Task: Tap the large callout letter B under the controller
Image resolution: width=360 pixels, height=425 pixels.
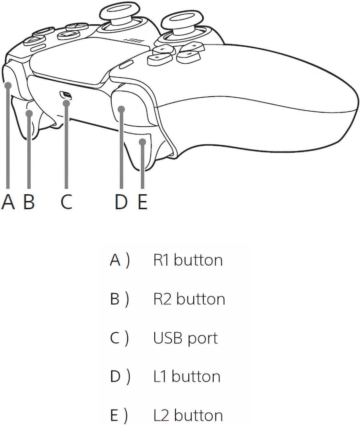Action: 29,202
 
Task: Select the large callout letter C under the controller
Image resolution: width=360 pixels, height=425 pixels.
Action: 66,202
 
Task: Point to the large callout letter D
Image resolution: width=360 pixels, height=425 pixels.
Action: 121,202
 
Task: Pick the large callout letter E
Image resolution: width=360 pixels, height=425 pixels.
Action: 142,202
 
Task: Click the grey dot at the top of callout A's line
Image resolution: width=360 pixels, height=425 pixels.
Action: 8,85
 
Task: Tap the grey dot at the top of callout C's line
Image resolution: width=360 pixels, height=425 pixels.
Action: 66,103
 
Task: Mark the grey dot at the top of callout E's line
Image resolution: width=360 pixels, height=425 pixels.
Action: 143,142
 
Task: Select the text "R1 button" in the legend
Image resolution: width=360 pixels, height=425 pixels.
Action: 188,260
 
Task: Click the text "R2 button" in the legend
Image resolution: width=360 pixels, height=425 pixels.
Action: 189,299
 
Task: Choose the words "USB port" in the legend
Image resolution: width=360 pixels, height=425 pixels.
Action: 185,338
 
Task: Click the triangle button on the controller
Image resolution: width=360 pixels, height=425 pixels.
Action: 34,40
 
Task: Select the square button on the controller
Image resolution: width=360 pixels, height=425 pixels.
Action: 68,35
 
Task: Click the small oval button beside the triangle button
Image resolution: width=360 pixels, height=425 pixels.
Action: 38,48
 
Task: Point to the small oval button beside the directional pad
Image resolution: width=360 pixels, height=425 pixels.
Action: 126,64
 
